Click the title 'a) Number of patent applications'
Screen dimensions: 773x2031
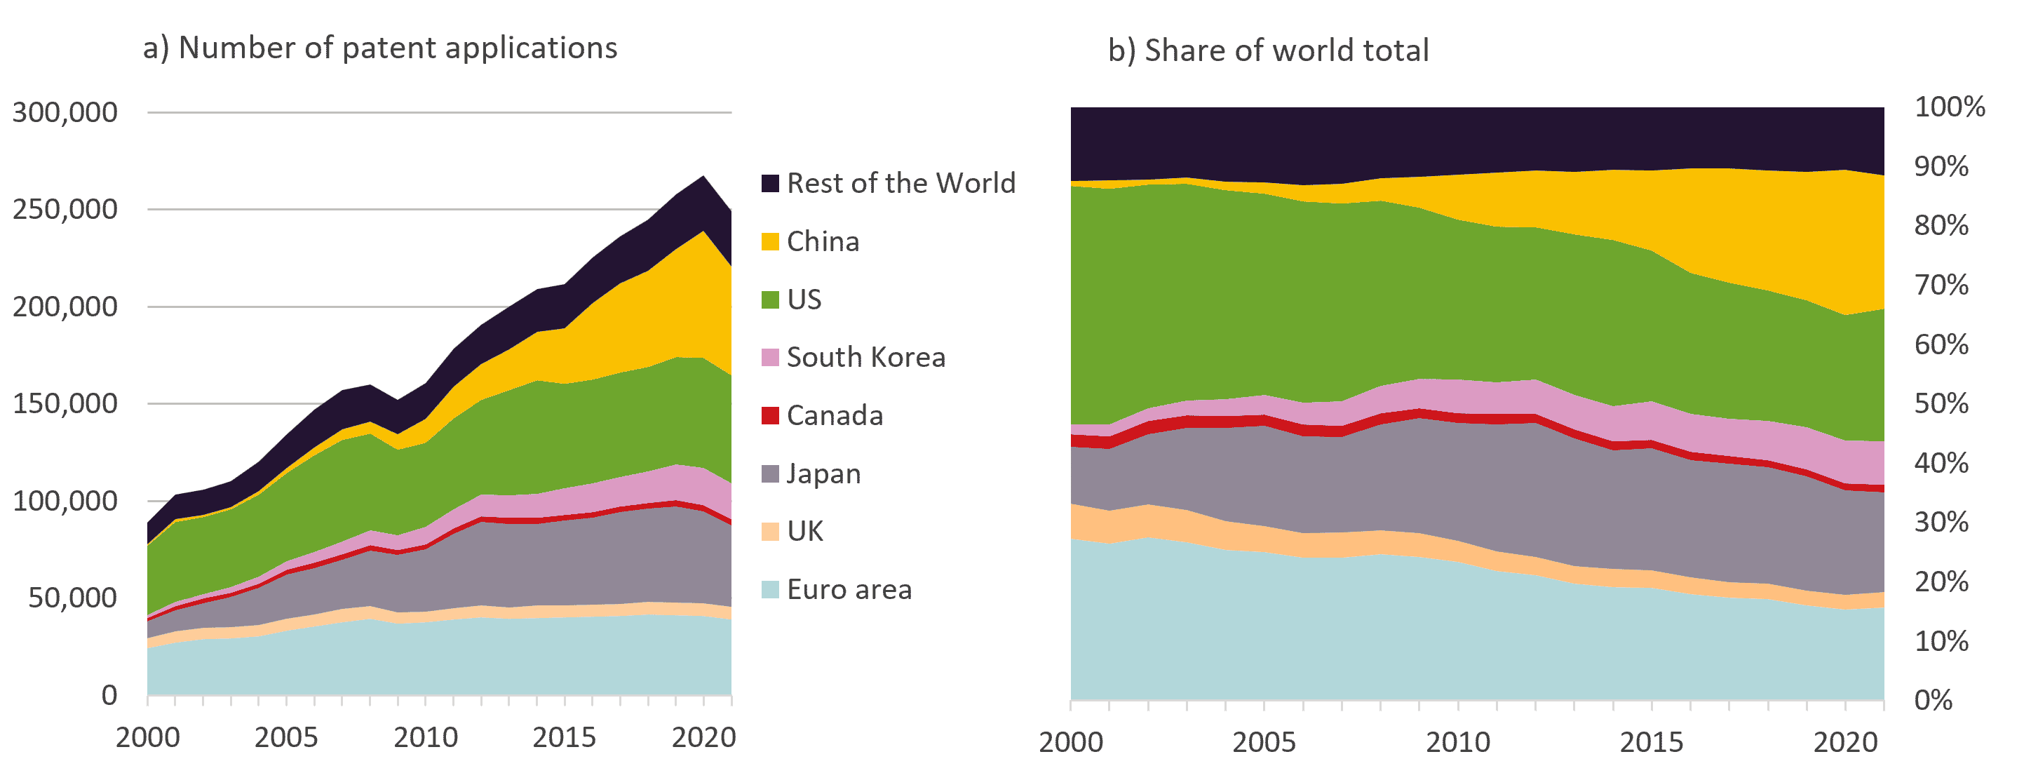point(380,48)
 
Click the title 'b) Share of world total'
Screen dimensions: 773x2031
point(1268,51)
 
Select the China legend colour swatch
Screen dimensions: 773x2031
point(769,241)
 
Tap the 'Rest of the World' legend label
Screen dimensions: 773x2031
point(900,183)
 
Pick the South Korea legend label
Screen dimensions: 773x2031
point(865,357)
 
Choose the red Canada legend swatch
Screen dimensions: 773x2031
point(769,416)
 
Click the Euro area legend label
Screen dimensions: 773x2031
point(849,589)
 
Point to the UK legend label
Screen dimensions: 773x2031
point(805,532)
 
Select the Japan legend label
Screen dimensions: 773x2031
point(823,473)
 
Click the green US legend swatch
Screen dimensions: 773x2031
point(769,300)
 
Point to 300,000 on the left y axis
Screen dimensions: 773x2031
point(65,112)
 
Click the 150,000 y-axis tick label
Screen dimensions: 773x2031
point(65,403)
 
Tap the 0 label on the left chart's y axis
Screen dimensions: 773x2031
point(109,695)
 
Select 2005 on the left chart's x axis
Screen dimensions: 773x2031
point(286,737)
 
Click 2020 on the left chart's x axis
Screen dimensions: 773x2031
point(703,737)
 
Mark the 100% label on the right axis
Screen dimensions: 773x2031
point(1949,107)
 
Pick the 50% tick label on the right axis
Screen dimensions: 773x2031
point(1941,403)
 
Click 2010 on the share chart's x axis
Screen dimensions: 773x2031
point(1458,742)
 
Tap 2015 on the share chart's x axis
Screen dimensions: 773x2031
point(1651,742)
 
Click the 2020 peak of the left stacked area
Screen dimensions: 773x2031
point(703,177)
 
